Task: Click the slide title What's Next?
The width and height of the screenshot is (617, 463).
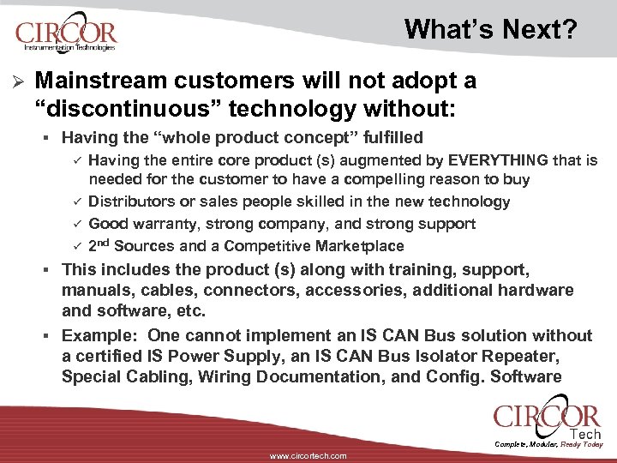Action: pos(491,30)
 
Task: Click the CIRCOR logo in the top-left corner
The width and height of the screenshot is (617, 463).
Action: pos(65,36)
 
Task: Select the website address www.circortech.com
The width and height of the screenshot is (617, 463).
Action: pos(308,456)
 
